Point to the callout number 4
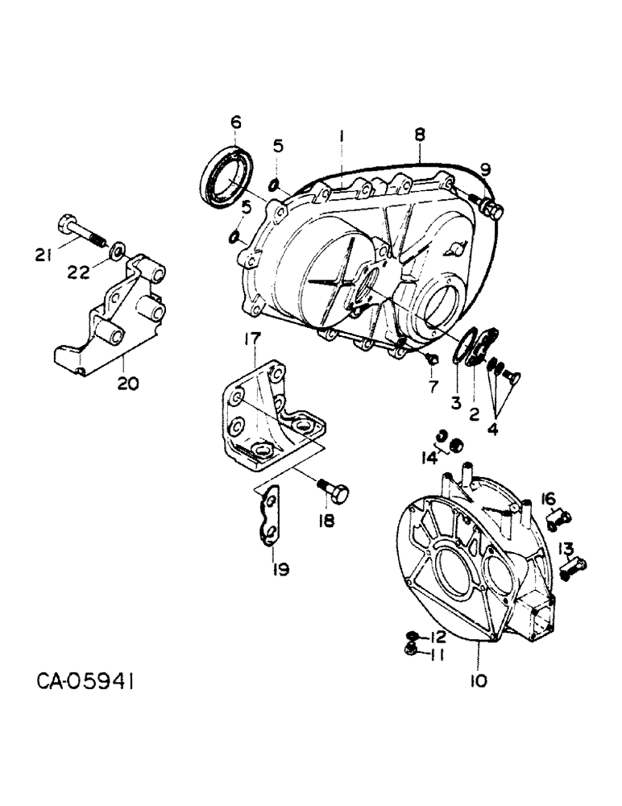492,430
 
